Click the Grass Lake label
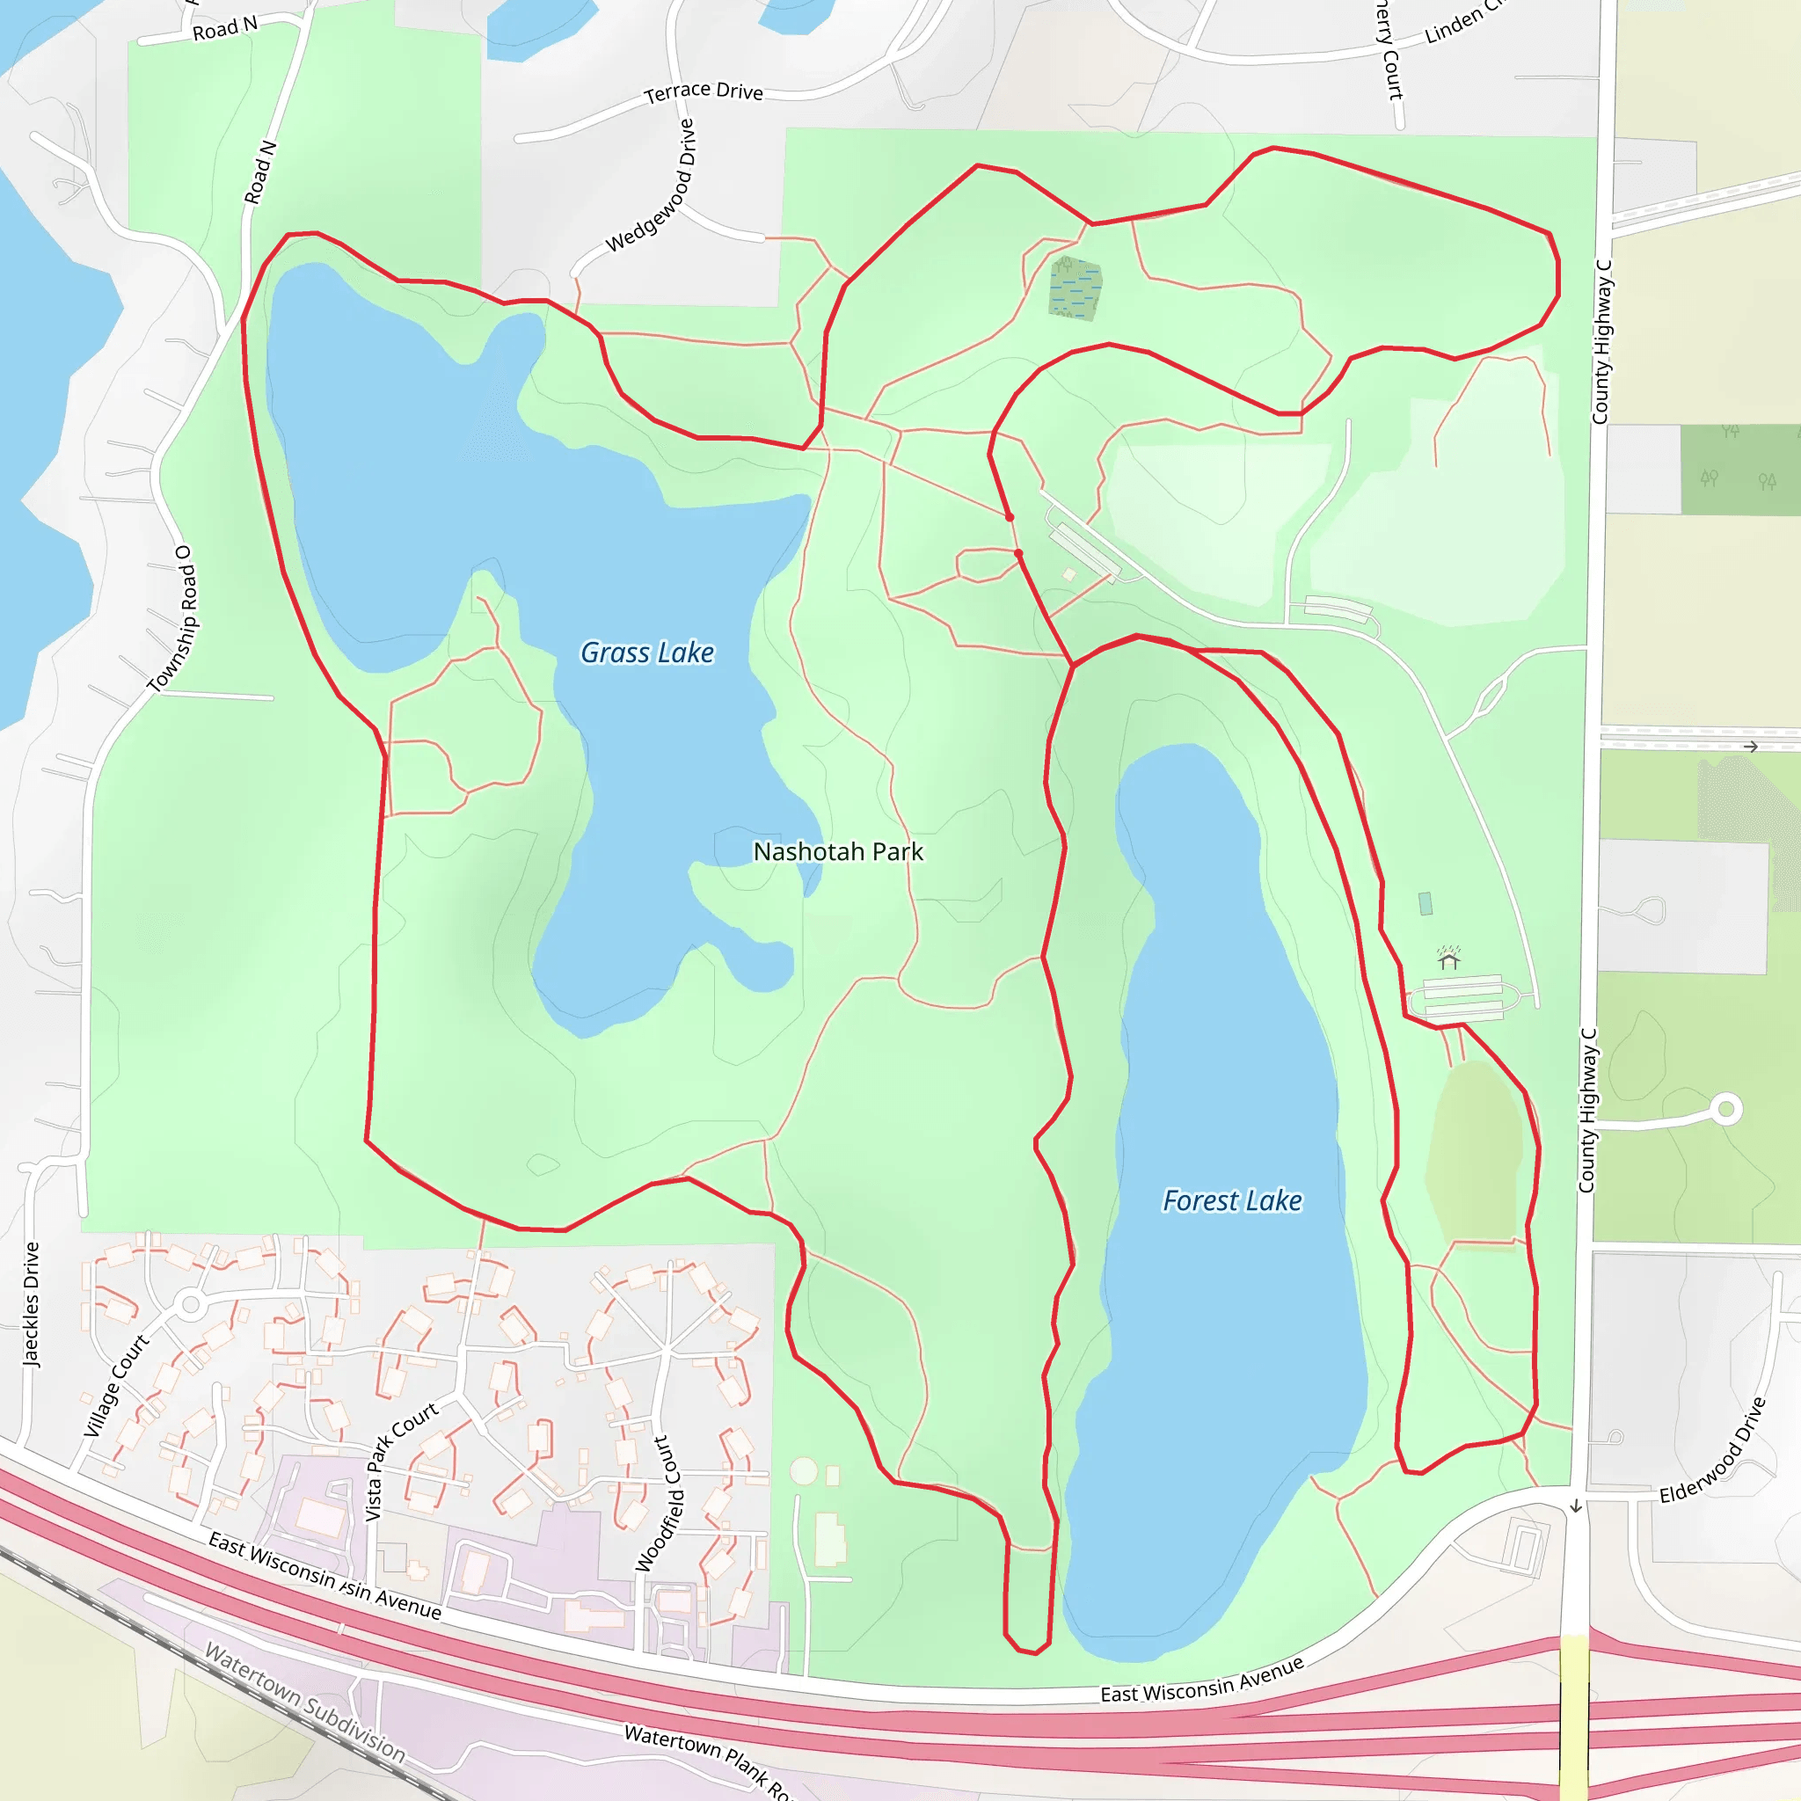[647, 653]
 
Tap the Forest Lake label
[1231, 1200]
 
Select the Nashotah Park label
[838, 851]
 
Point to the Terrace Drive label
[704, 91]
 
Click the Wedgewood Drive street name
[652, 186]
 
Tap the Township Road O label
[174, 618]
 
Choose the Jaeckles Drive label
[32, 1305]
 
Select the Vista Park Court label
[401, 1460]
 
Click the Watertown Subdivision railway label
[305, 1703]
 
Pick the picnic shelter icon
[1447, 959]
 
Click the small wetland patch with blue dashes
[1075, 289]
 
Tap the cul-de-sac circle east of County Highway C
[1725, 1109]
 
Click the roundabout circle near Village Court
[191, 1304]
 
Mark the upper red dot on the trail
[1010, 516]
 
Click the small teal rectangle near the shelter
[1425, 903]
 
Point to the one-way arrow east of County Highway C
[1751, 747]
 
